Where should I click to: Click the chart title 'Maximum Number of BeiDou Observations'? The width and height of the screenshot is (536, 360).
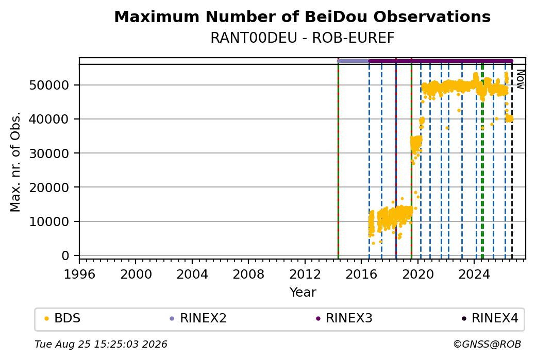[302, 16]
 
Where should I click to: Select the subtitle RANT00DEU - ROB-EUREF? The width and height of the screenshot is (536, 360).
[302, 38]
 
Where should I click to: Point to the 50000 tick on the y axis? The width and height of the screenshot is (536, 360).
[49, 85]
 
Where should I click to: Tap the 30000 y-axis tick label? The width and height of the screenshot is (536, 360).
[49, 153]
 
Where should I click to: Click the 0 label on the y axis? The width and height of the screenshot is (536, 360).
[65, 255]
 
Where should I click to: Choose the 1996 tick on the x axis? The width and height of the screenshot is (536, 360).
[80, 274]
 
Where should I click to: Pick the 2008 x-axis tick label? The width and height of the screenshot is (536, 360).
[248, 274]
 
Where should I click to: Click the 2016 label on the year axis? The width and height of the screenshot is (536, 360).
[361, 274]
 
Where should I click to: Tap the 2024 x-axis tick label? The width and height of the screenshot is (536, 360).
[474, 274]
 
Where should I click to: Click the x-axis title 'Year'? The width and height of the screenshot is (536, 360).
[303, 293]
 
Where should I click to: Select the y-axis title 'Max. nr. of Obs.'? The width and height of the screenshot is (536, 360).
[15, 162]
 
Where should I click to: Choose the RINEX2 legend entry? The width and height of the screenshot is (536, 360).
[198, 318]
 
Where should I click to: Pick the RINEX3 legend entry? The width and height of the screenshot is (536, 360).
[344, 318]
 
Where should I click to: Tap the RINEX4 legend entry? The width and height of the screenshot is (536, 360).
[490, 318]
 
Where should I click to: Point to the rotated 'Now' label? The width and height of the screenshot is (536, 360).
[520, 79]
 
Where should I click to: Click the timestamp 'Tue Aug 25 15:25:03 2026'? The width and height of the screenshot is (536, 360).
[101, 344]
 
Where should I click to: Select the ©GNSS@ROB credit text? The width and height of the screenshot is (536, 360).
[487, 344]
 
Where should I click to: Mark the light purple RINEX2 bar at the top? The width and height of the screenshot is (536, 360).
[354, 61]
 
